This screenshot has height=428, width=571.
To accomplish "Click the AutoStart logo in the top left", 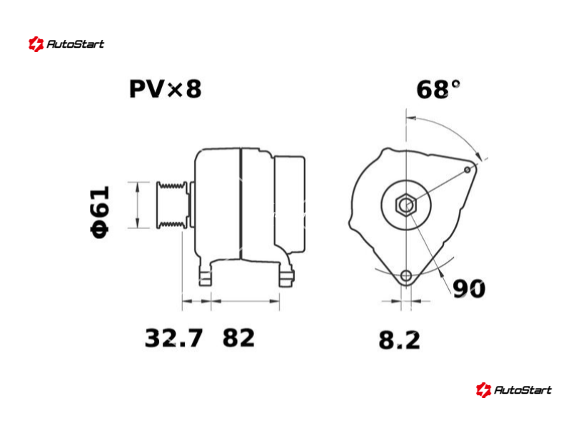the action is pos(66,44).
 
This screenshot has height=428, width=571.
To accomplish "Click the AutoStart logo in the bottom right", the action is pos(514,389).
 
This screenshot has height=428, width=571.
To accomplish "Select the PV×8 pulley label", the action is pos(165,89).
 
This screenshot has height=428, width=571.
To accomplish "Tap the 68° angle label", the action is pos(438,90).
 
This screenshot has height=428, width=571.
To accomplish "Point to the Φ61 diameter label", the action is pos(100,212).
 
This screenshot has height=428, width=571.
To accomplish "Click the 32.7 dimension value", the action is pos(173,338).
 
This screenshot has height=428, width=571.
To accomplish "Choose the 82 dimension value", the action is pos(238,338).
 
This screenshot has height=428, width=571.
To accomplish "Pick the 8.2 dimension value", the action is pos(399,340).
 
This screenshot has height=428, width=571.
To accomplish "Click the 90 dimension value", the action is pos(469,289).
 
